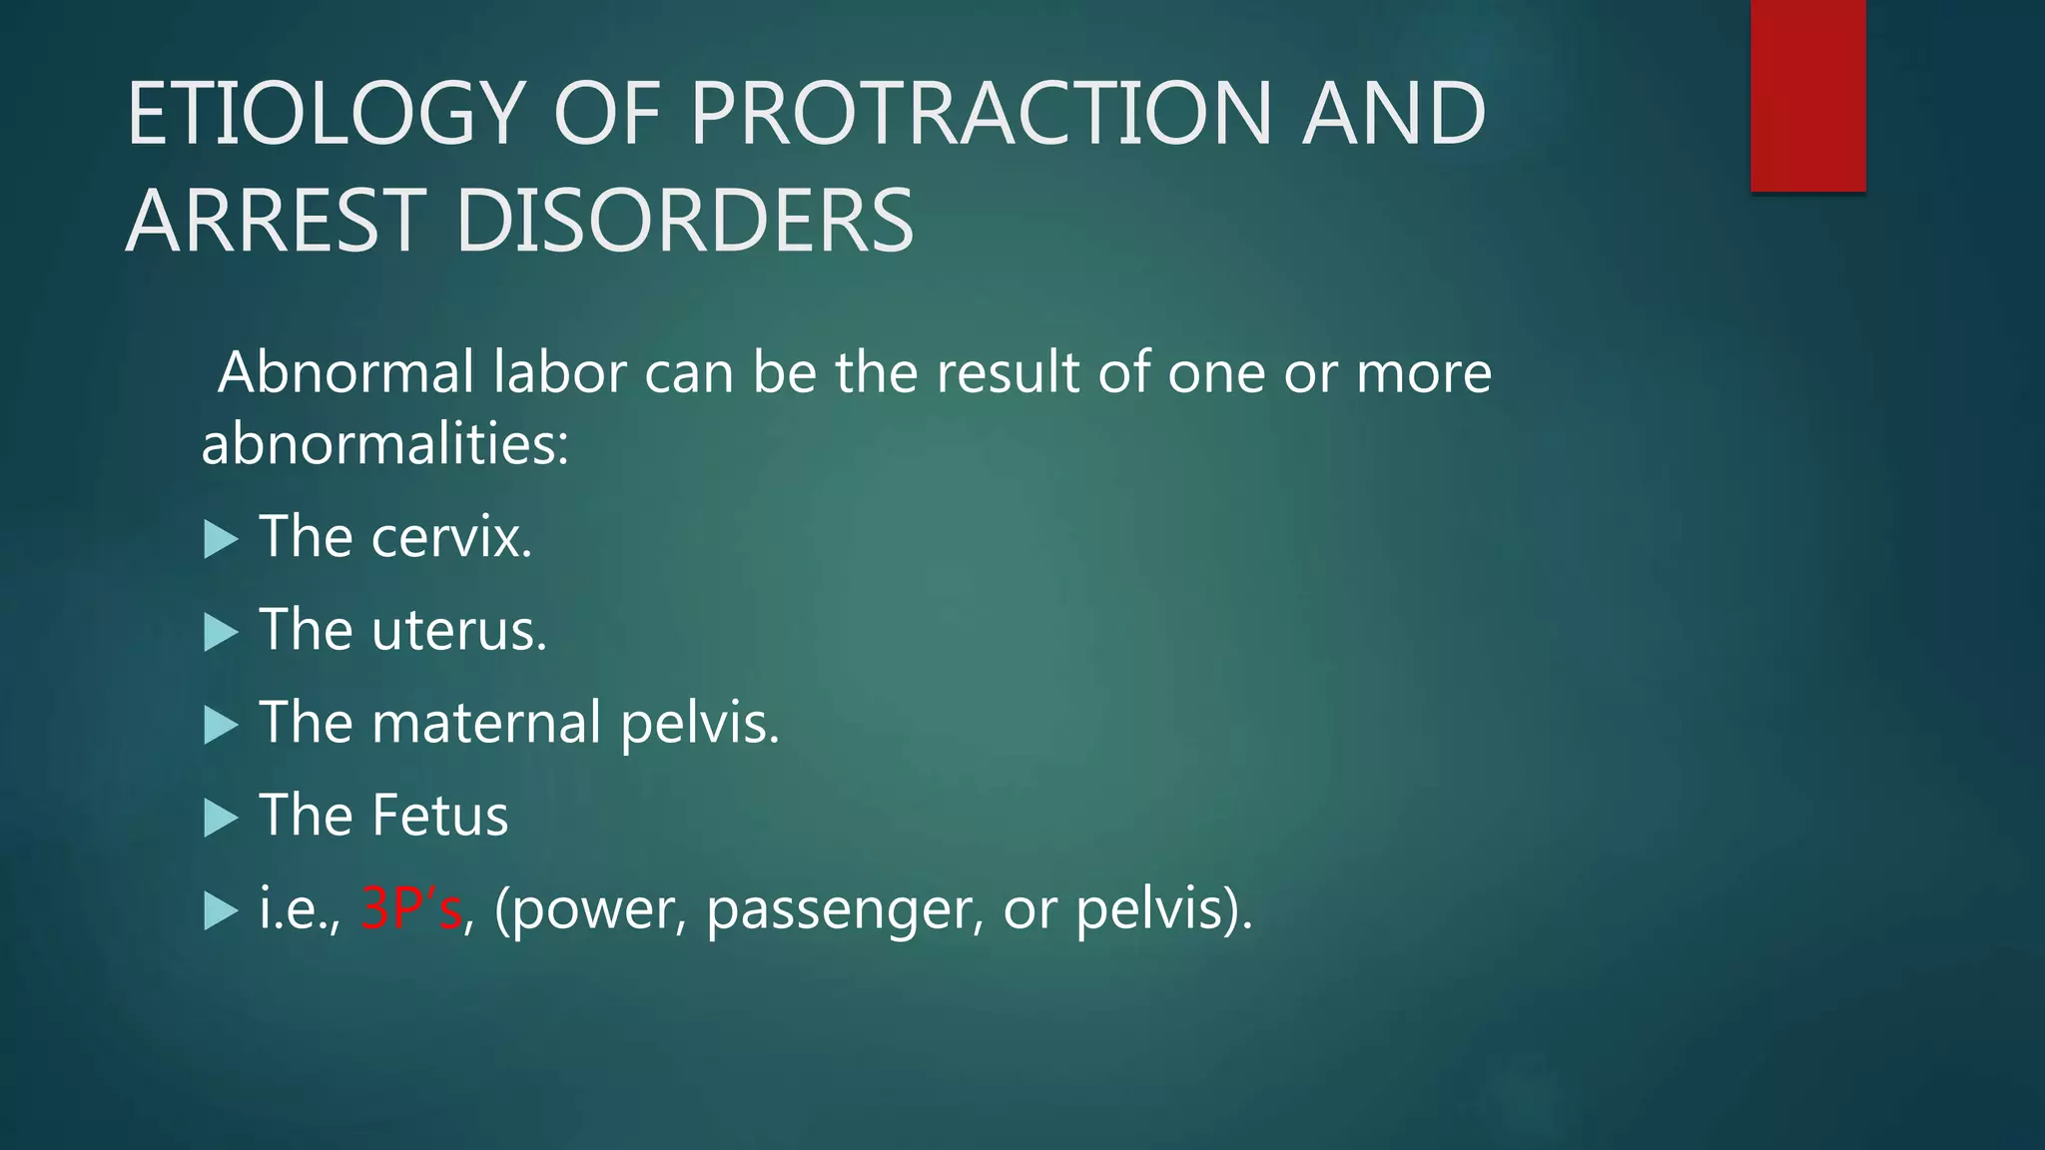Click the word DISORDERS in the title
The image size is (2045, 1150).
684,221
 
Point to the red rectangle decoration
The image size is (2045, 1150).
1807,96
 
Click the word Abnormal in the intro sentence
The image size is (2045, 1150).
345,373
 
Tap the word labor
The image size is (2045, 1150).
559,373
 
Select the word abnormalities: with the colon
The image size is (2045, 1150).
384,444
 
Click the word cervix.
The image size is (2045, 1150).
451,538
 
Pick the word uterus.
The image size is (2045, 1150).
459,631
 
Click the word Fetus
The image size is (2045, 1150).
439,816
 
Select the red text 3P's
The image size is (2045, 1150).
411,908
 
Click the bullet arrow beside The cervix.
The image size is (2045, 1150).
221,540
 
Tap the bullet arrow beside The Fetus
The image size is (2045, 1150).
221,819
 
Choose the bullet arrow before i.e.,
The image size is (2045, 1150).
221,911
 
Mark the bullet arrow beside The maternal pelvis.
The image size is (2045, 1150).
221,726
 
